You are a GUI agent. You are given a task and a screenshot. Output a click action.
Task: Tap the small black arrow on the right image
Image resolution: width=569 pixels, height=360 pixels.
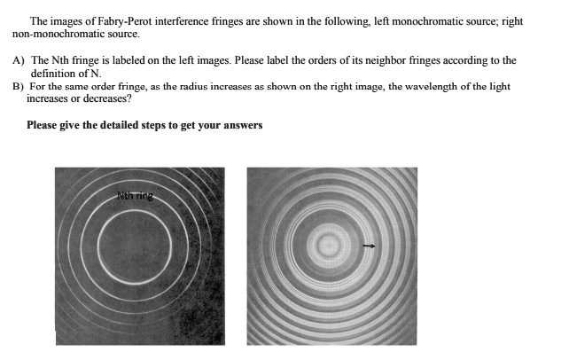click(370, 247)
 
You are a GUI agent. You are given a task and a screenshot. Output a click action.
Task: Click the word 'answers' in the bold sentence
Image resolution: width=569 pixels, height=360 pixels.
click(242, 125)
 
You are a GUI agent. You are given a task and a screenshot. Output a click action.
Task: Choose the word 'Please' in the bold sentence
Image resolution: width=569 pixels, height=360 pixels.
click(43, 125)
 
